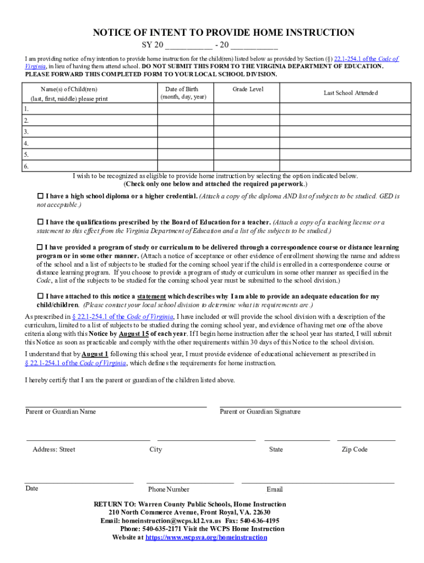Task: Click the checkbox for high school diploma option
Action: (40, 196)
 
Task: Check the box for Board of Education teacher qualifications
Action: (40, 222)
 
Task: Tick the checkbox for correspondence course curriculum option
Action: (40, 247)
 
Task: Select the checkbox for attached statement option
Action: (40, 296)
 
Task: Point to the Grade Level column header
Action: (248, 89)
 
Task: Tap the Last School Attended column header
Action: (350, 93)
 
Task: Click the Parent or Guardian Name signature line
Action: (116, 406)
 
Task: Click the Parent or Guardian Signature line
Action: (310, 406)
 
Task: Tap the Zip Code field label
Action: (354, 450)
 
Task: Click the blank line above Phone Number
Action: (190, 482)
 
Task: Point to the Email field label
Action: (274, 489)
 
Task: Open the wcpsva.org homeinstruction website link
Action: (206, 538)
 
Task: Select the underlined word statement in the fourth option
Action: (151, 296)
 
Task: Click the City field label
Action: (156, 450)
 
